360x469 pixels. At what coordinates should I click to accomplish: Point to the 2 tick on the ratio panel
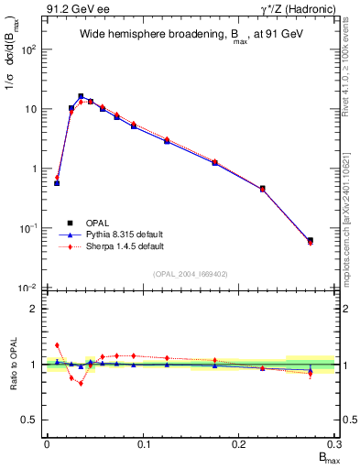point(34,309)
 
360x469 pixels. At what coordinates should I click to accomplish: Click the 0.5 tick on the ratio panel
point(30,420)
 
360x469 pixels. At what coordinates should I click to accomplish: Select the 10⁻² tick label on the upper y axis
point(28,288)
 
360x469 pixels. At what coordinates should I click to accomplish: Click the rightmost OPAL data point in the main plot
point(311,241)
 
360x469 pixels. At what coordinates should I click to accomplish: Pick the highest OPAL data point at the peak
point(81,96)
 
